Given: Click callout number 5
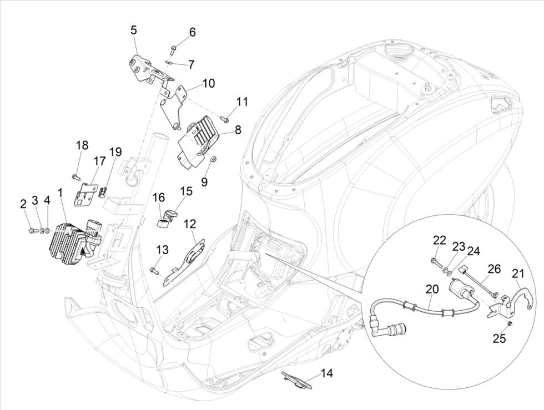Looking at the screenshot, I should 133,29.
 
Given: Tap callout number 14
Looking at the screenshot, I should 327,373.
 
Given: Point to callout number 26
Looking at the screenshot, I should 494,269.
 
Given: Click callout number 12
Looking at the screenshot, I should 190,224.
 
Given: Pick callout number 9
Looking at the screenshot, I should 204,181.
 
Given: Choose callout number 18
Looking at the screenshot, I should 82,145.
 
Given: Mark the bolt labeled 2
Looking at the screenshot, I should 29,229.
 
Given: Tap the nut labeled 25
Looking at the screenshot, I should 509,323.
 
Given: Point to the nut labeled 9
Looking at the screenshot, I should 211,161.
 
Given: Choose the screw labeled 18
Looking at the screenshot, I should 74,177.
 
